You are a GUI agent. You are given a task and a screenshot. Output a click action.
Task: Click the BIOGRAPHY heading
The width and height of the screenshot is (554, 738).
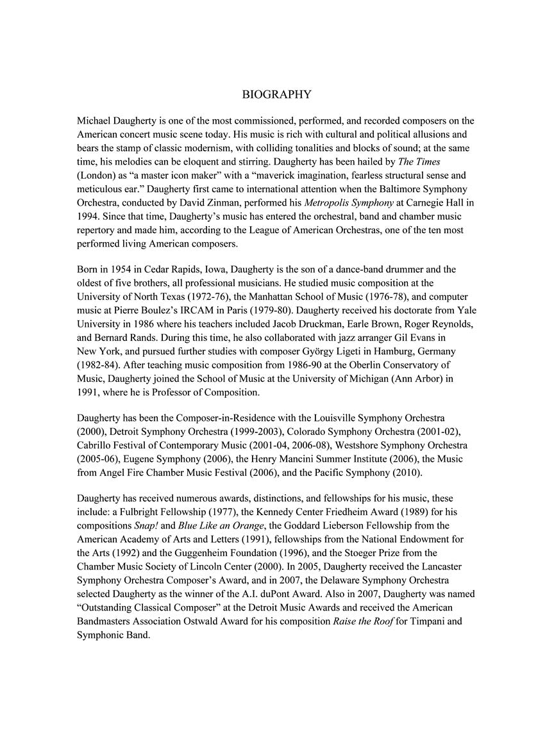277,95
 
